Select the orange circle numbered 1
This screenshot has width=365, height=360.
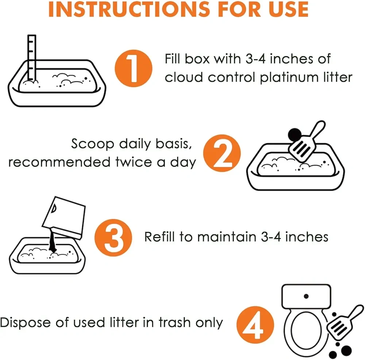tap(133, 68)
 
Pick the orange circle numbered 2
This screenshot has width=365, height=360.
tap(222, 153)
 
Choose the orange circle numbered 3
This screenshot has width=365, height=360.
tap(114, 237)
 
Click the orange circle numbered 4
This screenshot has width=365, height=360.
tap(255, 325)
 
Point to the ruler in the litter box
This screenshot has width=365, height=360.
tap(32, 58)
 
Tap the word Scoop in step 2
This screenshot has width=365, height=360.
tap(92, 144)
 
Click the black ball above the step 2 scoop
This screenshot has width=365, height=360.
tap(295, 135)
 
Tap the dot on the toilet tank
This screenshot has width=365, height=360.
tap(306, 296)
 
